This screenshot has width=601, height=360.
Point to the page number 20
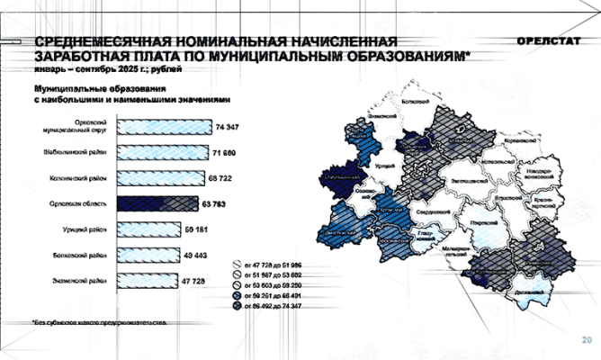click(586, 340)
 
